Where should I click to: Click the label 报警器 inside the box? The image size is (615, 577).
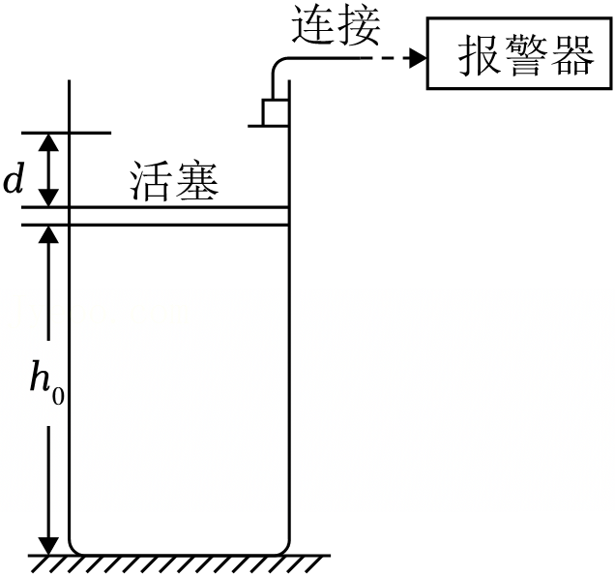[526, 55]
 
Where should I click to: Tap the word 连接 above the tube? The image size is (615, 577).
[337, 26]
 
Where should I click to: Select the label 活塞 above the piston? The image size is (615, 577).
[174, 181]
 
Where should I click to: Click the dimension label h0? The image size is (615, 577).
[46, 383]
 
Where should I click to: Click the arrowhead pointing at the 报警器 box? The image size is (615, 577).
[418, 59]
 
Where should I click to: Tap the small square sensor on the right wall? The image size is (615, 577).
[276, 112]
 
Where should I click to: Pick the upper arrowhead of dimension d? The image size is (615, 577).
[48, 142]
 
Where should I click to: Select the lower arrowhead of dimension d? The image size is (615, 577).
[48, 197]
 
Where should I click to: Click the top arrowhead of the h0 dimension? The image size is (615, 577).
[48, 234]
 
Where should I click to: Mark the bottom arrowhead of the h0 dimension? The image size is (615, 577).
[48, 546]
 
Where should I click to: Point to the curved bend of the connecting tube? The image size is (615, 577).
[277, 64]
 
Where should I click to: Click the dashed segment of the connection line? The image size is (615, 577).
[386, 59]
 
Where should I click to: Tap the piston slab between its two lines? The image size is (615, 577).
[179, 216]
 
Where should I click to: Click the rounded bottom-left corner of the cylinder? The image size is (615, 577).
[74, 548]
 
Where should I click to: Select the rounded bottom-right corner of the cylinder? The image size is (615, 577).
[284, 548]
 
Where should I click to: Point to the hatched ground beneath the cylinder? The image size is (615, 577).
[179, 563]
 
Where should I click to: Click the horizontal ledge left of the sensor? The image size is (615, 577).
[255, 126]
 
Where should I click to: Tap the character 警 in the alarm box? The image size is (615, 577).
[526, 55]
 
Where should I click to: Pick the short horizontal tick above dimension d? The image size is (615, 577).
[67, 134]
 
